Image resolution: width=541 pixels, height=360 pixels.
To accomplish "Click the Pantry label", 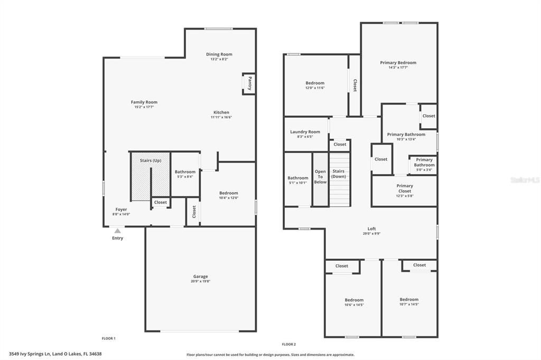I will (250, 83).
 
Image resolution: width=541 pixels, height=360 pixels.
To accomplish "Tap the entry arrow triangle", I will (117, 230).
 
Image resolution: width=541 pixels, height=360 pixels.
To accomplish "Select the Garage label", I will (200, 276).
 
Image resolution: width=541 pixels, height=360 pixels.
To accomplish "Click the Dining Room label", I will (219, 54).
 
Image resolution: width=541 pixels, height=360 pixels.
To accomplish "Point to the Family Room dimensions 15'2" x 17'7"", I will (144, 107).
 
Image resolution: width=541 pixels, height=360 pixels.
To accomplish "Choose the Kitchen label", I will (221, 112).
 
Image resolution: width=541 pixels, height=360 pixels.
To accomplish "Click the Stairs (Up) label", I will (151, 160).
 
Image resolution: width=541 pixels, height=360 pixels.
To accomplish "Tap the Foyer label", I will (121, 210).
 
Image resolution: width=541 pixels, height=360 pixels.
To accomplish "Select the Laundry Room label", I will (305, 132).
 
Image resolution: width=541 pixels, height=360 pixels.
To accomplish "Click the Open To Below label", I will (320, 177).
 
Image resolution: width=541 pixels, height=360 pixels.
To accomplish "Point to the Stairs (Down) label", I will (339, 174).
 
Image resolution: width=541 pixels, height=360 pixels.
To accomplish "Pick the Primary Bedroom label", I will (398, 63).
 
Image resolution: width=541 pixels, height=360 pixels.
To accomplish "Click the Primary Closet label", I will (405, 188).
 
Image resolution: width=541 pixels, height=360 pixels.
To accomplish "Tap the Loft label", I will (371, 229).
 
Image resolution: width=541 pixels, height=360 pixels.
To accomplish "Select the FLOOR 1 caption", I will (108, 338).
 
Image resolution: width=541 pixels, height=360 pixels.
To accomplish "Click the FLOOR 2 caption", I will (288, 344).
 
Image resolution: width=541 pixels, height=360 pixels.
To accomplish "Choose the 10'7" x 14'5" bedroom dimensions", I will (409, 305).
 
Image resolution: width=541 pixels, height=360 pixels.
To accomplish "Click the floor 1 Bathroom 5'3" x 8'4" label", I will (185, 172).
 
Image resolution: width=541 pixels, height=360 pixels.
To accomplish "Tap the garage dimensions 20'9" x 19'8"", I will (200, 281).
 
